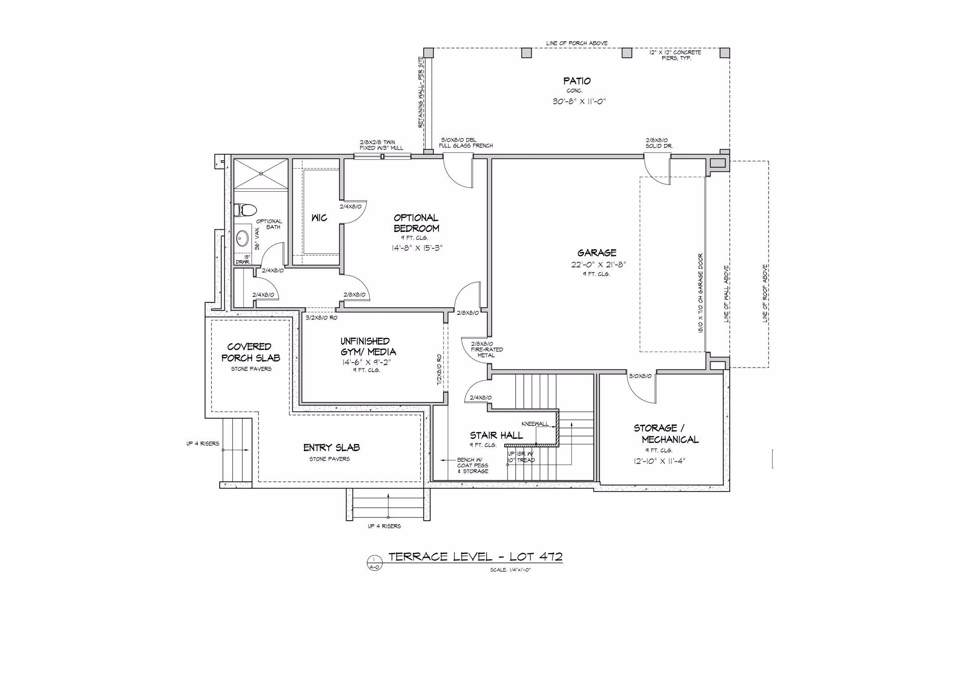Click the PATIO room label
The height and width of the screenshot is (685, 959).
577,81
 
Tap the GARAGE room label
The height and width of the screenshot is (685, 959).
597,253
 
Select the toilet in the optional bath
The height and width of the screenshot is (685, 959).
245,210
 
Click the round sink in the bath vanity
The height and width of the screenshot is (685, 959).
242,238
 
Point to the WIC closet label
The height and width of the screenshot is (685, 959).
319,218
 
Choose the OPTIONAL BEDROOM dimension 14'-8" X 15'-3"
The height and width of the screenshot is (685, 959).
417,248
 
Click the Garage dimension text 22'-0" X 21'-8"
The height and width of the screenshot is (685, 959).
598,264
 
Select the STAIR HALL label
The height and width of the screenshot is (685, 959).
496,436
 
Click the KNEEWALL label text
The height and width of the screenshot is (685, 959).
535,424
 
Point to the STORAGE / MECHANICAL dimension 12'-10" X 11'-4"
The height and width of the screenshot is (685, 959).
659,461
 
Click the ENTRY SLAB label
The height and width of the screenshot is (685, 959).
332,448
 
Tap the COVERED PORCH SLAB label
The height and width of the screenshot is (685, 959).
251,352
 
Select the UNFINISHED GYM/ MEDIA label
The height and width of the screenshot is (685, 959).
368,347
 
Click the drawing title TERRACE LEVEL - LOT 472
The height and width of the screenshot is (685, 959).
475,557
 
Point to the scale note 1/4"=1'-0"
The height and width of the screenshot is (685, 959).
510,570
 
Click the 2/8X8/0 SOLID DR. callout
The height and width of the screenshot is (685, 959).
659,143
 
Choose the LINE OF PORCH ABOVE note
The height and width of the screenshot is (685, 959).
577,43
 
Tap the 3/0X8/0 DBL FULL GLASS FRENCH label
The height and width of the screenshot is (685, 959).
466,143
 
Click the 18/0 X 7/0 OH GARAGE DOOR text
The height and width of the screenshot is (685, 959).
701,293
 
